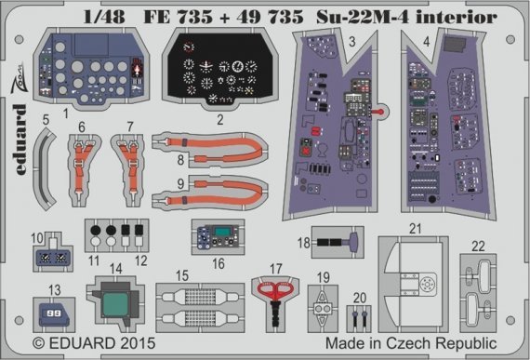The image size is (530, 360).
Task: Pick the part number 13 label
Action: pos(57,289)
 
